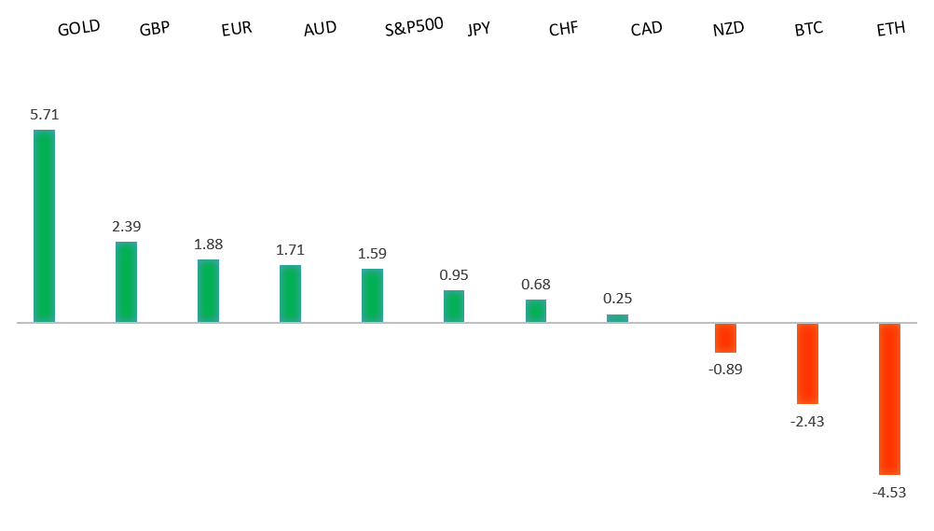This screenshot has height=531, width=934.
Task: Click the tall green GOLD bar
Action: [x=44, y=226]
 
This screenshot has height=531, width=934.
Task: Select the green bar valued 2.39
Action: [x=126, y=282]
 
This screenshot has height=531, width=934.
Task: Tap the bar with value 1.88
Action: [x=208, y=290]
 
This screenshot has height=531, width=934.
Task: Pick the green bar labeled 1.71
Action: [x=290, y=293]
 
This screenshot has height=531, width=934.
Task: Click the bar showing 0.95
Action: [x=454, y=306]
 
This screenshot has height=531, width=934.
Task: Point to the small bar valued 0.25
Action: [x=617, y=318]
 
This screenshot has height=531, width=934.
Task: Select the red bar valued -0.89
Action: [x=725, y=338]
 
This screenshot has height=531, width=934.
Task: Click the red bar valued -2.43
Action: [x=807, y=363]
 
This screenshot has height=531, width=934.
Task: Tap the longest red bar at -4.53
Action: [x=889, y=398]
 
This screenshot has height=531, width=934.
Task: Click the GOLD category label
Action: [x=78, y=27]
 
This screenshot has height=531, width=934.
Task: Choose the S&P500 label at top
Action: [x=414, y=27]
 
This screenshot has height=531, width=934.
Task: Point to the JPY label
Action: [x=479, y=29]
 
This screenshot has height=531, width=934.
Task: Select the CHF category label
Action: [x=564, y=29]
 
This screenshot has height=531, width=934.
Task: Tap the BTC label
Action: [x=809, y=29]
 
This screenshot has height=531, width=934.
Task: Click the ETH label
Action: [x=891, y=29]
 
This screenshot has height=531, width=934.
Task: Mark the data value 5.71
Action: [x=44, y=115]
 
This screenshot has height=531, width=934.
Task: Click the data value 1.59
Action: [x=372, y=254]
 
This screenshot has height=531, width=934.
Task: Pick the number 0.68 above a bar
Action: [x=536, y=284]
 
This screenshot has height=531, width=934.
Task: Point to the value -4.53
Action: [x=889, y=492]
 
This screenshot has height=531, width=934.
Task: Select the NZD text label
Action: [x=728, y=29]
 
